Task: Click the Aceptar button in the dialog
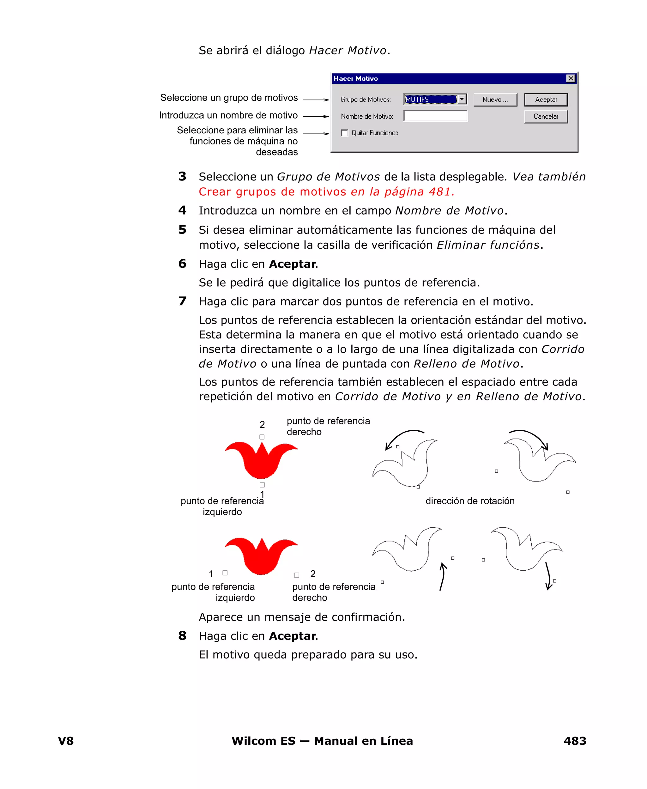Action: pos(546,100)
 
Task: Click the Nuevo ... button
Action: pos(495,100)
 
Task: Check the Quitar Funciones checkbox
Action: pos(345,133)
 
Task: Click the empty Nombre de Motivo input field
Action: pos(435,116)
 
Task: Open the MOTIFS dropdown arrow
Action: pos(462,99)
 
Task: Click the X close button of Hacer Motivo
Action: pos(571,78)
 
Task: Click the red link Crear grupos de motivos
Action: pos(272,191)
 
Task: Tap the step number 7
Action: pos(182,301)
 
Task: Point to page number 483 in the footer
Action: pos(575,741)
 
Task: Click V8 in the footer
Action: pos(66,741)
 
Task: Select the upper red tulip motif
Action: pos(261,461)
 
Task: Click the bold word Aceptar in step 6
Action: pos(293,264)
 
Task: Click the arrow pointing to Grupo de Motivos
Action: pos(316,100)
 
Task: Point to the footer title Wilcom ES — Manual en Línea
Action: pos(322,741)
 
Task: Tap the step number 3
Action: pos(182,176)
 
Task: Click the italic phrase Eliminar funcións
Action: pos(488,245)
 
